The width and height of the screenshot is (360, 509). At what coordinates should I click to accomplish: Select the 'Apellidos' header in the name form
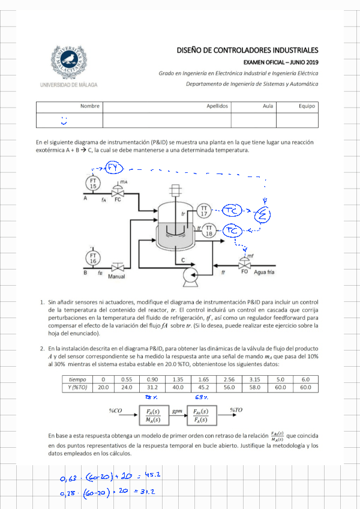(217, 106)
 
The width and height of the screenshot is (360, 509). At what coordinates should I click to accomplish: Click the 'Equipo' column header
(307, 106)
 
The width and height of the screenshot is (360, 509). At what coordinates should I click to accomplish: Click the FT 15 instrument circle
(93, 183)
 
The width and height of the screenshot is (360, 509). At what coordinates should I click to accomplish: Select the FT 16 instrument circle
(93, 258)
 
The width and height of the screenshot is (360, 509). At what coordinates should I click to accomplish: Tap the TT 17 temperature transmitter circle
(205, 211)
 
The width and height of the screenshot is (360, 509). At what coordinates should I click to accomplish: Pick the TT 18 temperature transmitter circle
(209, 230)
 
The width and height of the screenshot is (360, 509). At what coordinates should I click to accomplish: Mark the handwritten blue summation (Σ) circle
(262, 214)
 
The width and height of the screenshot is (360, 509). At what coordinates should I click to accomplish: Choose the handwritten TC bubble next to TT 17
(232, 210)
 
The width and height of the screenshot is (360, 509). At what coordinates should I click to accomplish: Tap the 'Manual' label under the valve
(116, 277)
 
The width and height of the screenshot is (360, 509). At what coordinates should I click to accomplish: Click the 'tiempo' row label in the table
(78, 379)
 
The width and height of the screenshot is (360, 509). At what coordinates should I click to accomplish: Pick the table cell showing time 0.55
(127, 379)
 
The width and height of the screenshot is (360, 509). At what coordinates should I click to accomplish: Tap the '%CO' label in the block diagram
(116, 411)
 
